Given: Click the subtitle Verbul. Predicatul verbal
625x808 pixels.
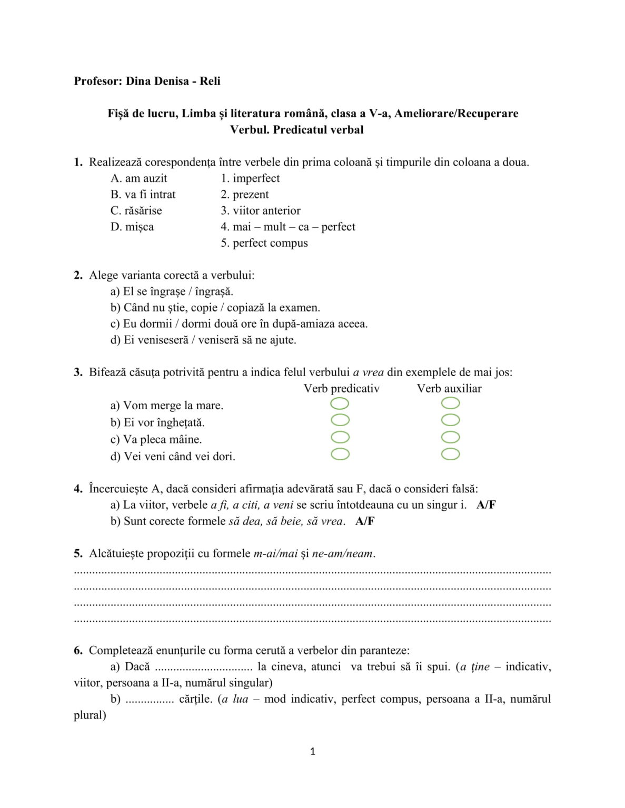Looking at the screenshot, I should coord(296,129).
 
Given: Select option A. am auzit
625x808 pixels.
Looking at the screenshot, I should coord(138,178).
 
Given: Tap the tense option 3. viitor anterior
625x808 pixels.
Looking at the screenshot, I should coord(261,210).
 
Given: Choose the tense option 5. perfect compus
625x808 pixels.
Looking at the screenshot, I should coord(264,243).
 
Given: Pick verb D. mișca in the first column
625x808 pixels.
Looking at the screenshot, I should coord(132,227).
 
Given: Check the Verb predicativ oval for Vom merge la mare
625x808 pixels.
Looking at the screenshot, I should coord(340,403).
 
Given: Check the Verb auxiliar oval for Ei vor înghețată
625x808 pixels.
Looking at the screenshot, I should coord(450,420).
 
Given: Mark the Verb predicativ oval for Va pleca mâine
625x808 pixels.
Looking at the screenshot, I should coord(340,437).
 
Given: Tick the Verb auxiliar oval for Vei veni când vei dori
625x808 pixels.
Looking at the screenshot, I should coord(450,454).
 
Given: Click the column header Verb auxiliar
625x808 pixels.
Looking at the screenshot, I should coord(449,389).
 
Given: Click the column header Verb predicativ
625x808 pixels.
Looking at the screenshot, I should coord(341,389).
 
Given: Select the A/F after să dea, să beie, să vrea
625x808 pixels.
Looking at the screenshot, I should coord(365,521).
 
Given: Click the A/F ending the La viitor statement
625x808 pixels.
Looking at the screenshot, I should coord(486,505).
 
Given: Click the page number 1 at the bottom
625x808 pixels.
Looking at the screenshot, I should coord(313,752).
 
